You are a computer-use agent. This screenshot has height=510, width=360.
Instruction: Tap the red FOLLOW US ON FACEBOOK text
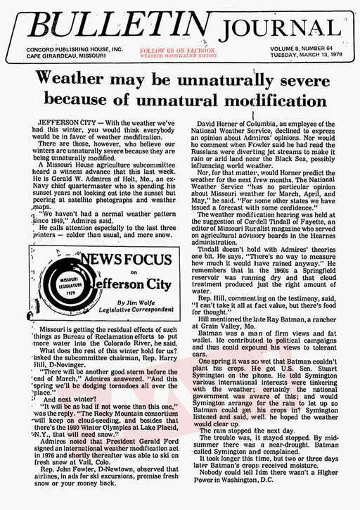(x=177, y=51)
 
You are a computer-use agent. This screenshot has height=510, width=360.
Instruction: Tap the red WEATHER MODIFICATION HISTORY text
(x=178, y=56)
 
